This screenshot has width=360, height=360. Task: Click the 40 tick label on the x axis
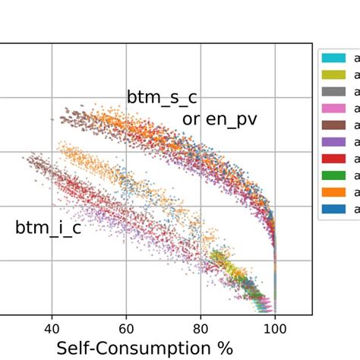52,328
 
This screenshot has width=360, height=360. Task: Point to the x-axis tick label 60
126,328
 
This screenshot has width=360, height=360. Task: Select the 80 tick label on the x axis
201,328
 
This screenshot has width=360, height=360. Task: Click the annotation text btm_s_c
161,98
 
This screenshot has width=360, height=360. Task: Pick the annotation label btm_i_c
48,227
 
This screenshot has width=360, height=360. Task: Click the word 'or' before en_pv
191,120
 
